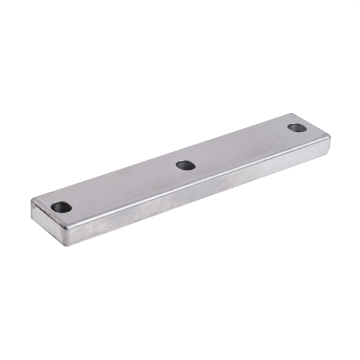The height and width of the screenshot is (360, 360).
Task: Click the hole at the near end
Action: (x=61, y=208)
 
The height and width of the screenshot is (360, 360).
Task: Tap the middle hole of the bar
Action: (x=186, y=164)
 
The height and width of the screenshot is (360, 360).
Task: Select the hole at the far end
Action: (x=296, y=127)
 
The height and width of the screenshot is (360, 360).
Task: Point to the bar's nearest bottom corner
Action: (x=65, y=245)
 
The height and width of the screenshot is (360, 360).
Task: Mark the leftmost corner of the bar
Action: (x=31, y=202)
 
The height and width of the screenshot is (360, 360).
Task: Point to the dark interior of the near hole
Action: (x=61, y=208)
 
